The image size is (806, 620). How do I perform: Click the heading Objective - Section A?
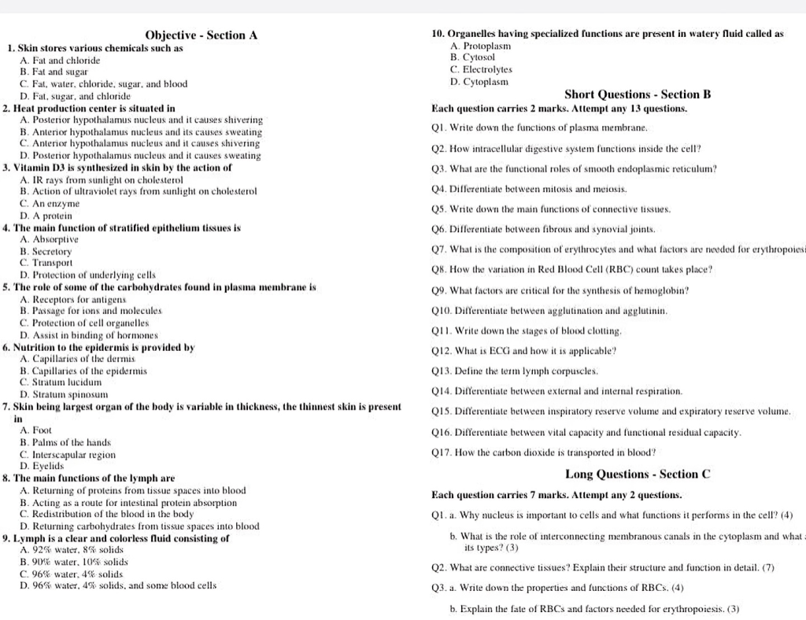(x=201, y=35)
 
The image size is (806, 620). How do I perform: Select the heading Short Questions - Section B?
(x=638, y=94)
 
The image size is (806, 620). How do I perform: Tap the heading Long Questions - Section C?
(x=638, y=474)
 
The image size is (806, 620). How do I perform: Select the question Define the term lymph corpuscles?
(x=527, y=371)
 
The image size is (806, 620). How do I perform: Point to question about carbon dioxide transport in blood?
(x=544, y=452)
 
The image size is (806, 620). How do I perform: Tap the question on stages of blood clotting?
(x=527, y=331)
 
